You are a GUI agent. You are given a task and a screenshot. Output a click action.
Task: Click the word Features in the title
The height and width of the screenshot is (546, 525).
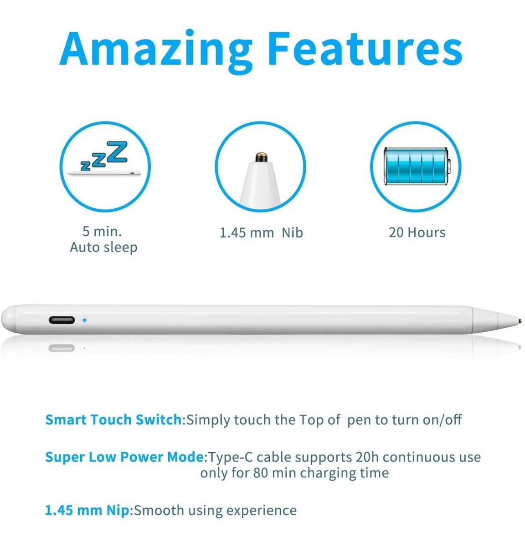tap(365, 48)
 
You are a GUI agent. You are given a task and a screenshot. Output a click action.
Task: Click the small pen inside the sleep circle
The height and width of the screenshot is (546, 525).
tap(104, 173)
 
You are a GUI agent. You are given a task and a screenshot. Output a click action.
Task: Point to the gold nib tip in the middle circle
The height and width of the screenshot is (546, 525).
tap(261, 157)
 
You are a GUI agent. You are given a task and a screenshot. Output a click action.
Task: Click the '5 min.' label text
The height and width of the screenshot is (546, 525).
tap(102, 232)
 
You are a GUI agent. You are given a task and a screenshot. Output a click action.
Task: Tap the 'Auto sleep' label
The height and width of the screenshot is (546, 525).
tap(103, 248)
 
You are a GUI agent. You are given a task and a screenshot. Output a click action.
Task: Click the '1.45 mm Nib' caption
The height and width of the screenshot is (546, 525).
tap(261, 233)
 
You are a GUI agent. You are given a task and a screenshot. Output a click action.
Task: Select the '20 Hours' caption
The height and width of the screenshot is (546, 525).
tap(417, 233)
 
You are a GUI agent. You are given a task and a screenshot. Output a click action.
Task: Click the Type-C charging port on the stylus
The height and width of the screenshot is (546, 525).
tap(62, 320)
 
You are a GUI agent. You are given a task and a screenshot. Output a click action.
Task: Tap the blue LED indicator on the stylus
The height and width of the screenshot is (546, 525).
tap(84, 320)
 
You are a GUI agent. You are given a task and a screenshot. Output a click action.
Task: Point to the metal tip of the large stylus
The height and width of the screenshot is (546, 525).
tap(520, 320)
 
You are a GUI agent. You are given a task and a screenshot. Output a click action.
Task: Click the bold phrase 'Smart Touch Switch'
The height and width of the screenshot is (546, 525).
tap(114, 420)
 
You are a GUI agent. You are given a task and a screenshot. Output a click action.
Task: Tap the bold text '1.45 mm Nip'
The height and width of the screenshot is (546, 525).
tap(87, 510)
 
